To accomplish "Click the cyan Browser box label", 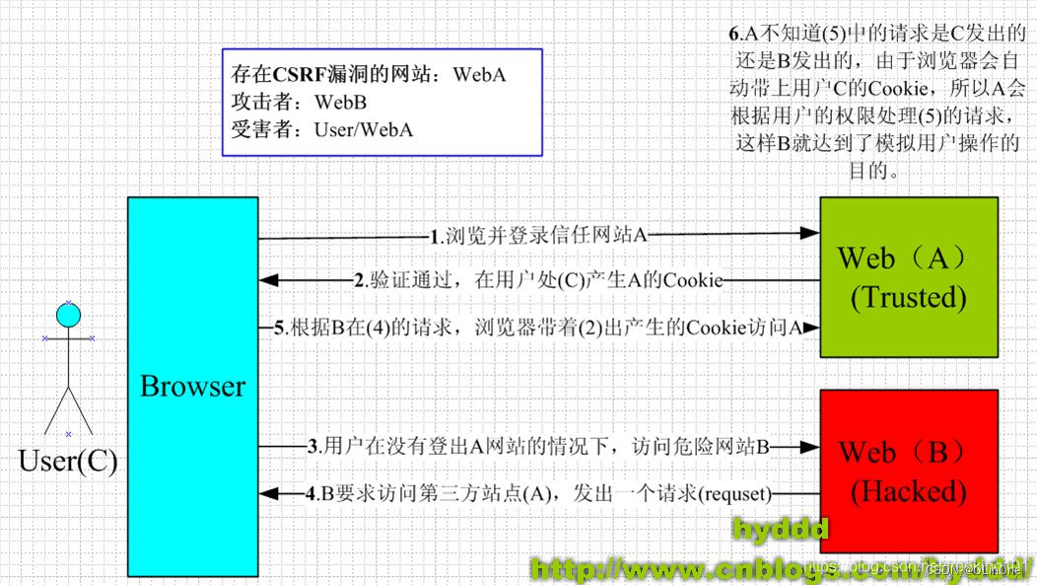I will [x=192, y=386].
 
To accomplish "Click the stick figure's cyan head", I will [x=68, y=316].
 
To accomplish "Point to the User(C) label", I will [x=68, y=461].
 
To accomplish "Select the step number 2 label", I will [x=360, y=280].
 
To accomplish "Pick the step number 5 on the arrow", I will [x=279, y=328].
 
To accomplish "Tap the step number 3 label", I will [x=312, y=446].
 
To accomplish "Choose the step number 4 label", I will [x=311, y=492].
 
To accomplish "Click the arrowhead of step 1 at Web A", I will [x=811, y=235].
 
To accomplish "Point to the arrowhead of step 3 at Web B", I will [x=811, y=447].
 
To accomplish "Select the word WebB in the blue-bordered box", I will [x=341, y=102].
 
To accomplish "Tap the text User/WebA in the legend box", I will [x=363, y=128].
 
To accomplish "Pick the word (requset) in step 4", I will [x=734, y=493].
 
